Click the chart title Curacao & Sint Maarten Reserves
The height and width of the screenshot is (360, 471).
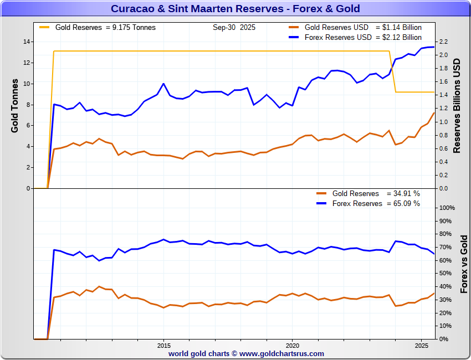click(235, 9)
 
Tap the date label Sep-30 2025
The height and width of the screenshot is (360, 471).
click(233, 27)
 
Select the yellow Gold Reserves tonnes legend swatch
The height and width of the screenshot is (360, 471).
click(45, 27)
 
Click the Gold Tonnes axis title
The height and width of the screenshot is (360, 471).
click(15, 105)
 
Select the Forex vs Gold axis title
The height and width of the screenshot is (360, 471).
click(464, 264)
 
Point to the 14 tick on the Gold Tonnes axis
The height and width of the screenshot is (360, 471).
click(27, 42)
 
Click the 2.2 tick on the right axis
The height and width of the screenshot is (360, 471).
click(443, 42)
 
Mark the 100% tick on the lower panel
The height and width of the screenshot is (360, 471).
click(447, 208)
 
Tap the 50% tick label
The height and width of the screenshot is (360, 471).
click(445, 273)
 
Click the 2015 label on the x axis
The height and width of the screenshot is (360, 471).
click(163, 345)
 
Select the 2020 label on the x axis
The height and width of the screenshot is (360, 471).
click(292, 345)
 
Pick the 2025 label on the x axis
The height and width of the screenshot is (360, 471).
click(421, 345)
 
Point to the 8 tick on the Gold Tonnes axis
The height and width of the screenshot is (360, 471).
click(28, 105)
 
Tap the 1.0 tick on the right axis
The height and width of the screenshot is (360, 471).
click(443, 122)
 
